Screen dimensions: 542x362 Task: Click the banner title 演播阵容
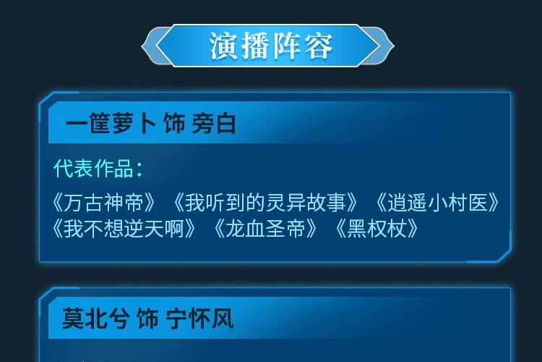(271, 46)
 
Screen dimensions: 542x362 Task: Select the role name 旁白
(214, 123)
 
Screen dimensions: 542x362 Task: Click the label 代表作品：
(98, 169)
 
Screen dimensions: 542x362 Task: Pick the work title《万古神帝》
(104, 203)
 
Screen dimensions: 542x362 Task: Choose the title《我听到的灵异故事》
(265, 203)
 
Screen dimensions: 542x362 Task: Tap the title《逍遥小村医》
(437, 203)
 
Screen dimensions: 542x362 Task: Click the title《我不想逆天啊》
(124, 229)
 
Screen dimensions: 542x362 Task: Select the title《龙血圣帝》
(265, 229)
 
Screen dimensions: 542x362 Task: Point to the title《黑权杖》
(377, 229)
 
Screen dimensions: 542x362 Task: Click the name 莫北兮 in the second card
(96, 319)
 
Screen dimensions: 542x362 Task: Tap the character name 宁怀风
(199, 319)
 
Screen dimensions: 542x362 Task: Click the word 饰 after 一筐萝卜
(174, 123)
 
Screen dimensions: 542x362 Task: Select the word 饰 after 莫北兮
(148, 319)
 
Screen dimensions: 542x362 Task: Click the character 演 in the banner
(223, 46)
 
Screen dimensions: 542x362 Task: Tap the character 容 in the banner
(319, 46)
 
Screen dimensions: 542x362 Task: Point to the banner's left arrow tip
(142, 46)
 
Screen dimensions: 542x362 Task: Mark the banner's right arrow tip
(394, 46)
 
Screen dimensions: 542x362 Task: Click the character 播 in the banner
(255, 46)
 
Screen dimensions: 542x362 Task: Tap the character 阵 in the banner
(287, 46)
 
